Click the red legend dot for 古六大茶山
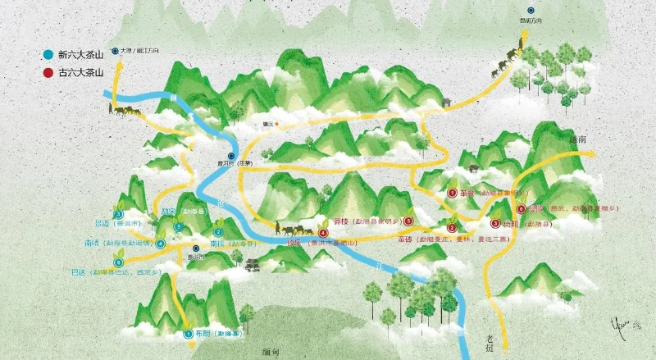pyautogui.click(x=48, y=73)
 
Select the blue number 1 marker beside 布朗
pyautogui.click(x=188, y=334)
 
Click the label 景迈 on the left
pyautogui.click(x=102, y=222)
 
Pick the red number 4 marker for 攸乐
pyautogui.click(x=323, y=233)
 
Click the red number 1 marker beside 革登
pyautogui.click(x=452, y=194)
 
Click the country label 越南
pyautogui.click(x=577, y=141)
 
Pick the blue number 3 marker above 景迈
pyautogui.click(x=120, y=212)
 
